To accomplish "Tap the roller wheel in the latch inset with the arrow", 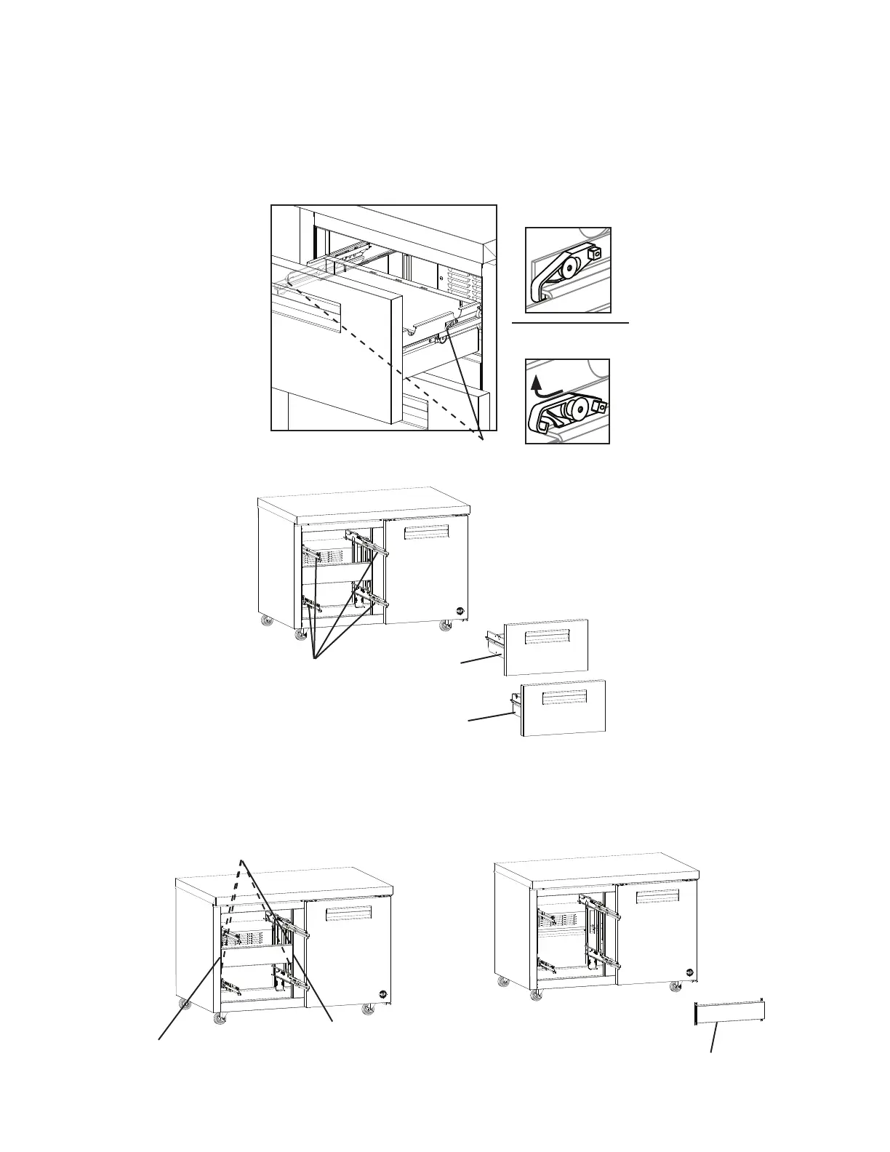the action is [x=579, y=410].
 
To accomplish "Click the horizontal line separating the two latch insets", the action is [x=569, y=321].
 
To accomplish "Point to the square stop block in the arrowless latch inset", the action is [x=596, y=252].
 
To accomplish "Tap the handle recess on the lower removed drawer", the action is [x=564, y=699].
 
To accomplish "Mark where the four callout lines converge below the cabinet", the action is [x=314, y=659].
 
